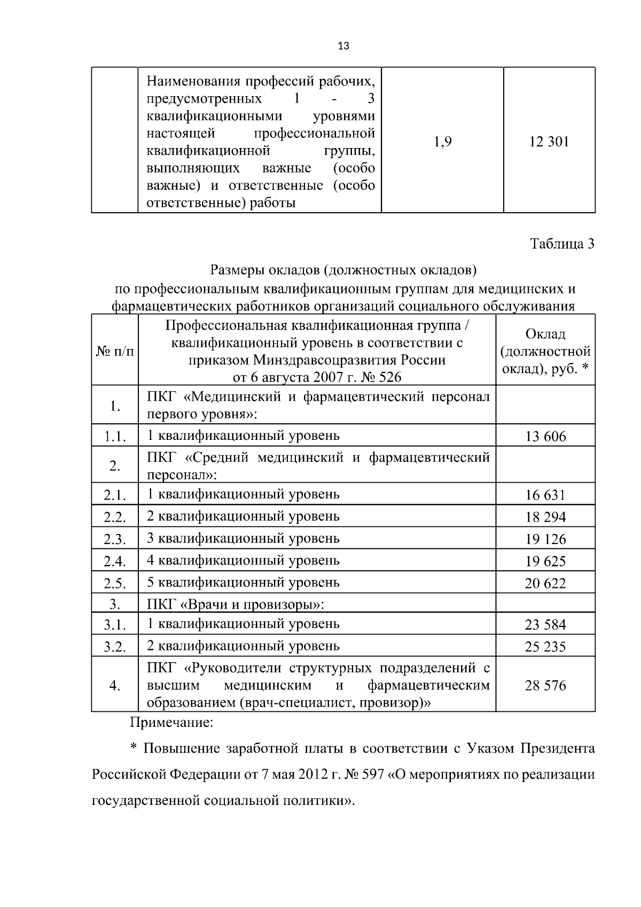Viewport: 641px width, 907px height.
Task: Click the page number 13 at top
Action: click(343, 46)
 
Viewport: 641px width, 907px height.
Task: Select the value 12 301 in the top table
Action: click(549, 142)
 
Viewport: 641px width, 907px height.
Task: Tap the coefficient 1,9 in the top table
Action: click(443, 142)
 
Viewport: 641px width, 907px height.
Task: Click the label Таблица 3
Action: click(562, 244)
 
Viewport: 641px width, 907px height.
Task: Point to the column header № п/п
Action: click(115, 351)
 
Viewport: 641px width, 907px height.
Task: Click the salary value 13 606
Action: click(545, 437)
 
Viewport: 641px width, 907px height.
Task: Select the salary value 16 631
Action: click(545, 495)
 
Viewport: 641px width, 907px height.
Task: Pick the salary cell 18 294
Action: click(545, 517)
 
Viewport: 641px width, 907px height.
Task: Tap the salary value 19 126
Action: click(545, 539)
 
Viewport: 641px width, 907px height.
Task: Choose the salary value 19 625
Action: click(545, 561)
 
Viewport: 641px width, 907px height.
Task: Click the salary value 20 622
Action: click(545, 583)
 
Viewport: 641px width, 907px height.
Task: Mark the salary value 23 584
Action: click(545, 625)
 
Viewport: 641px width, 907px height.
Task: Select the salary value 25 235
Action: click(545, 647)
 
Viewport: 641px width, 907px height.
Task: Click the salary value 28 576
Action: click(545, 686)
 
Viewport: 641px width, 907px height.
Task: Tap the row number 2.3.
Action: click(115, 539)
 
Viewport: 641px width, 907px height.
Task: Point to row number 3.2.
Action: click(115, 647)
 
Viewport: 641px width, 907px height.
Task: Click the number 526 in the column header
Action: click(389, 377)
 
